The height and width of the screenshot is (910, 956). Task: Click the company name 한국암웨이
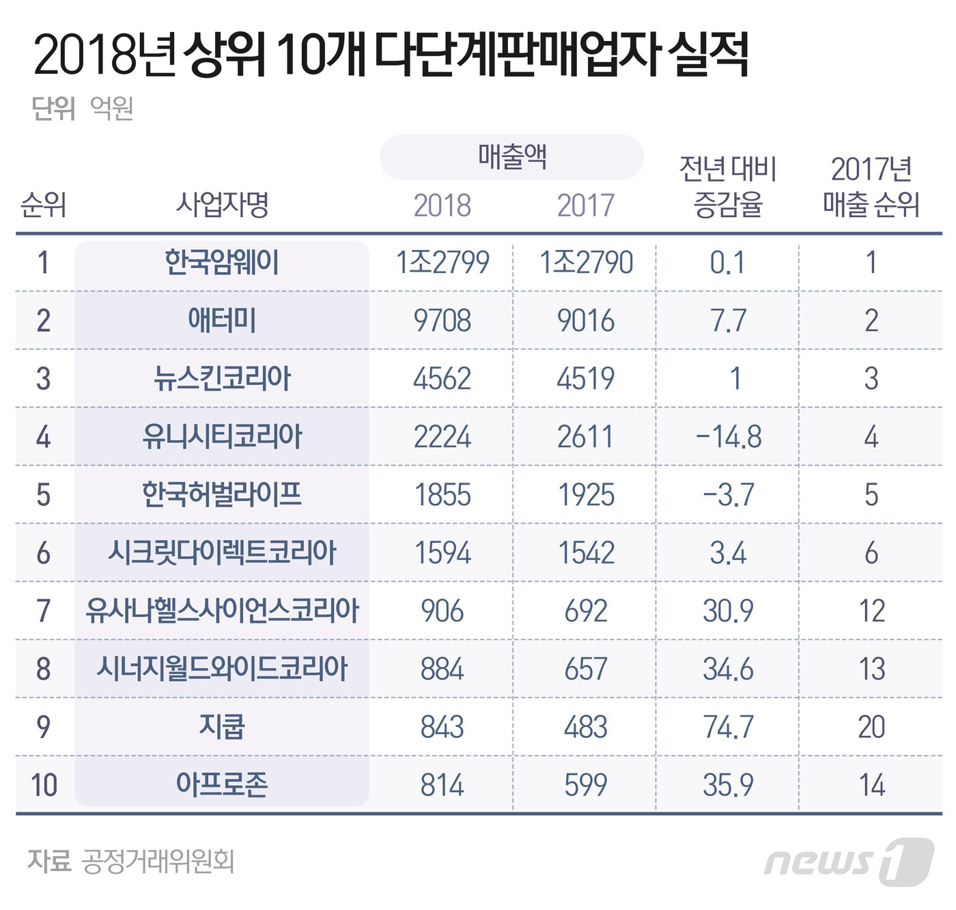pos(222,263)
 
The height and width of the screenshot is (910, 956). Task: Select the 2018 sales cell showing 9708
pos(442,321)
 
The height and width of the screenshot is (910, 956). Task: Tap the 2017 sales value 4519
pos(586,379)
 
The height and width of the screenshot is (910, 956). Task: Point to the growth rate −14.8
pos(728,437)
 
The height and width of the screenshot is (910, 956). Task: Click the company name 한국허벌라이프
pos(222,495)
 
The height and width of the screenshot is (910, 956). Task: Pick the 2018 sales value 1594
pos(442,553)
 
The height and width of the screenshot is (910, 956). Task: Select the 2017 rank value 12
pos(871,611)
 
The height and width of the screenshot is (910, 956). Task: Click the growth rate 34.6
pos(728,669)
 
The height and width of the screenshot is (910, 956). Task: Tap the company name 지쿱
pos(222,727)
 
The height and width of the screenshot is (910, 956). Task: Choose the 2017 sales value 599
pos(586,785)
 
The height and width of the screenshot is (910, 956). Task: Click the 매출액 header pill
pos(511,158)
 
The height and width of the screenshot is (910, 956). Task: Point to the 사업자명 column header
pos(222,204)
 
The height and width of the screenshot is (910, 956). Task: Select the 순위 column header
pos(44,204)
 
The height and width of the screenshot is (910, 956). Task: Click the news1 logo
pos(849,862)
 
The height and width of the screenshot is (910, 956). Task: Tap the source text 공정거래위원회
pos(158,862)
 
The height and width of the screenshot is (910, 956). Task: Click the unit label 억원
pos(111,108)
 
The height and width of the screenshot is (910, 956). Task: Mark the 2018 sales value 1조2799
pos(442,263)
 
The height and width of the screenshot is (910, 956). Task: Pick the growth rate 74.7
pos(728,727)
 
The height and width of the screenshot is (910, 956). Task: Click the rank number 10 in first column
pos(44,785)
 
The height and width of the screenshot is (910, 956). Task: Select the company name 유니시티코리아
pos(222,437)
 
